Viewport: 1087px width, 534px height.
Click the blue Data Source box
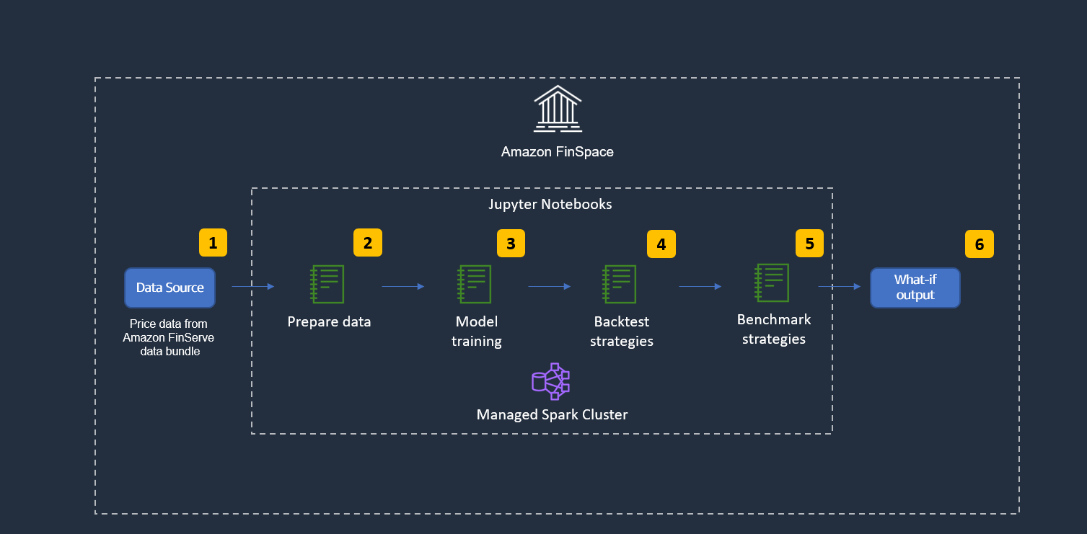pos(170,288)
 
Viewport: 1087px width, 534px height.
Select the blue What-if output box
pos(915,288)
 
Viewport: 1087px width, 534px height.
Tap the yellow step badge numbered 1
pos(213,243)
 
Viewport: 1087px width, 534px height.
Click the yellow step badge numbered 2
pos(367,243)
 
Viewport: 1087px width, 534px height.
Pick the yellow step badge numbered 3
pos(511,244)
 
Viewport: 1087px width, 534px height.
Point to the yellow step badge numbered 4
pos(661,244)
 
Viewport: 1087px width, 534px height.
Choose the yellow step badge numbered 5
pos(809,244)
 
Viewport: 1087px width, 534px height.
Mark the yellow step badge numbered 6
pos(979,244)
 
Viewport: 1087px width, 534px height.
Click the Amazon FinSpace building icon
pos(557,109)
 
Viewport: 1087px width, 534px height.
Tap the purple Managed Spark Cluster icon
pos(551,381)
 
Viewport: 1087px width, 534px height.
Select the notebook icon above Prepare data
pos(327,284)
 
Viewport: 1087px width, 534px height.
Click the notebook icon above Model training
pos(475,284)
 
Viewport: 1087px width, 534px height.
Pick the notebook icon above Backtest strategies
pos(620,284)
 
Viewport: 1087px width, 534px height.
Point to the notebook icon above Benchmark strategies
pos(772,282)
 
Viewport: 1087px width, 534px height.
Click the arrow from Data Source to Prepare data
pos(253,287)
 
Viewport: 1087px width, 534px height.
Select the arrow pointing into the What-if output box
pos(840,287)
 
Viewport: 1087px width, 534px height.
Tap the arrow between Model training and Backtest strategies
pos(549,287)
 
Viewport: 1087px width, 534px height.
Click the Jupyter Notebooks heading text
pos(550,204)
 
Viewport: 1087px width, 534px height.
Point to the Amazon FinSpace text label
pos(557,152)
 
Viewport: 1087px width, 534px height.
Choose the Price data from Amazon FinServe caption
pos(169,337)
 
